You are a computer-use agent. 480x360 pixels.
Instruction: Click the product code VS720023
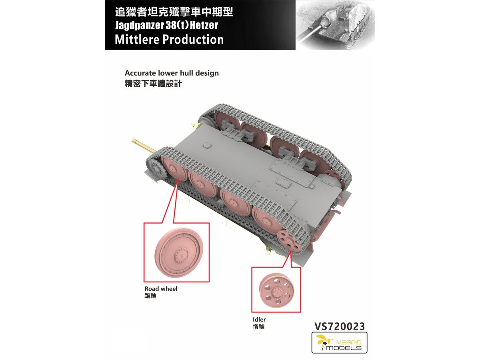coord(339,326)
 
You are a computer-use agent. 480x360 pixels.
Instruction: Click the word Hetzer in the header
coord(204,25)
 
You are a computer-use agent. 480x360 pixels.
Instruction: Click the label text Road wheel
coord(161,289)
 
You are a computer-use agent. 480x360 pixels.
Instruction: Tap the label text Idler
coord(259,319)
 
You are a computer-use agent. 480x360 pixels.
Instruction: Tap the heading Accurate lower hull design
coord(172,73)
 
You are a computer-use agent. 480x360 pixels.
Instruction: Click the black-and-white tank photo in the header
coord(335,25)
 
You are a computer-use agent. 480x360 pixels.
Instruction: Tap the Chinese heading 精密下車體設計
coord(153,84)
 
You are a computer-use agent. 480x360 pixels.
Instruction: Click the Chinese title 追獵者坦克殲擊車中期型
coord(174,12)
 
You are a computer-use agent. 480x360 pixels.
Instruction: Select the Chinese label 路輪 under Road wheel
coord(150,296)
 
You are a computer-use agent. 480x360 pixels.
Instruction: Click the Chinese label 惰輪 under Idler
coord(259,326)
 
